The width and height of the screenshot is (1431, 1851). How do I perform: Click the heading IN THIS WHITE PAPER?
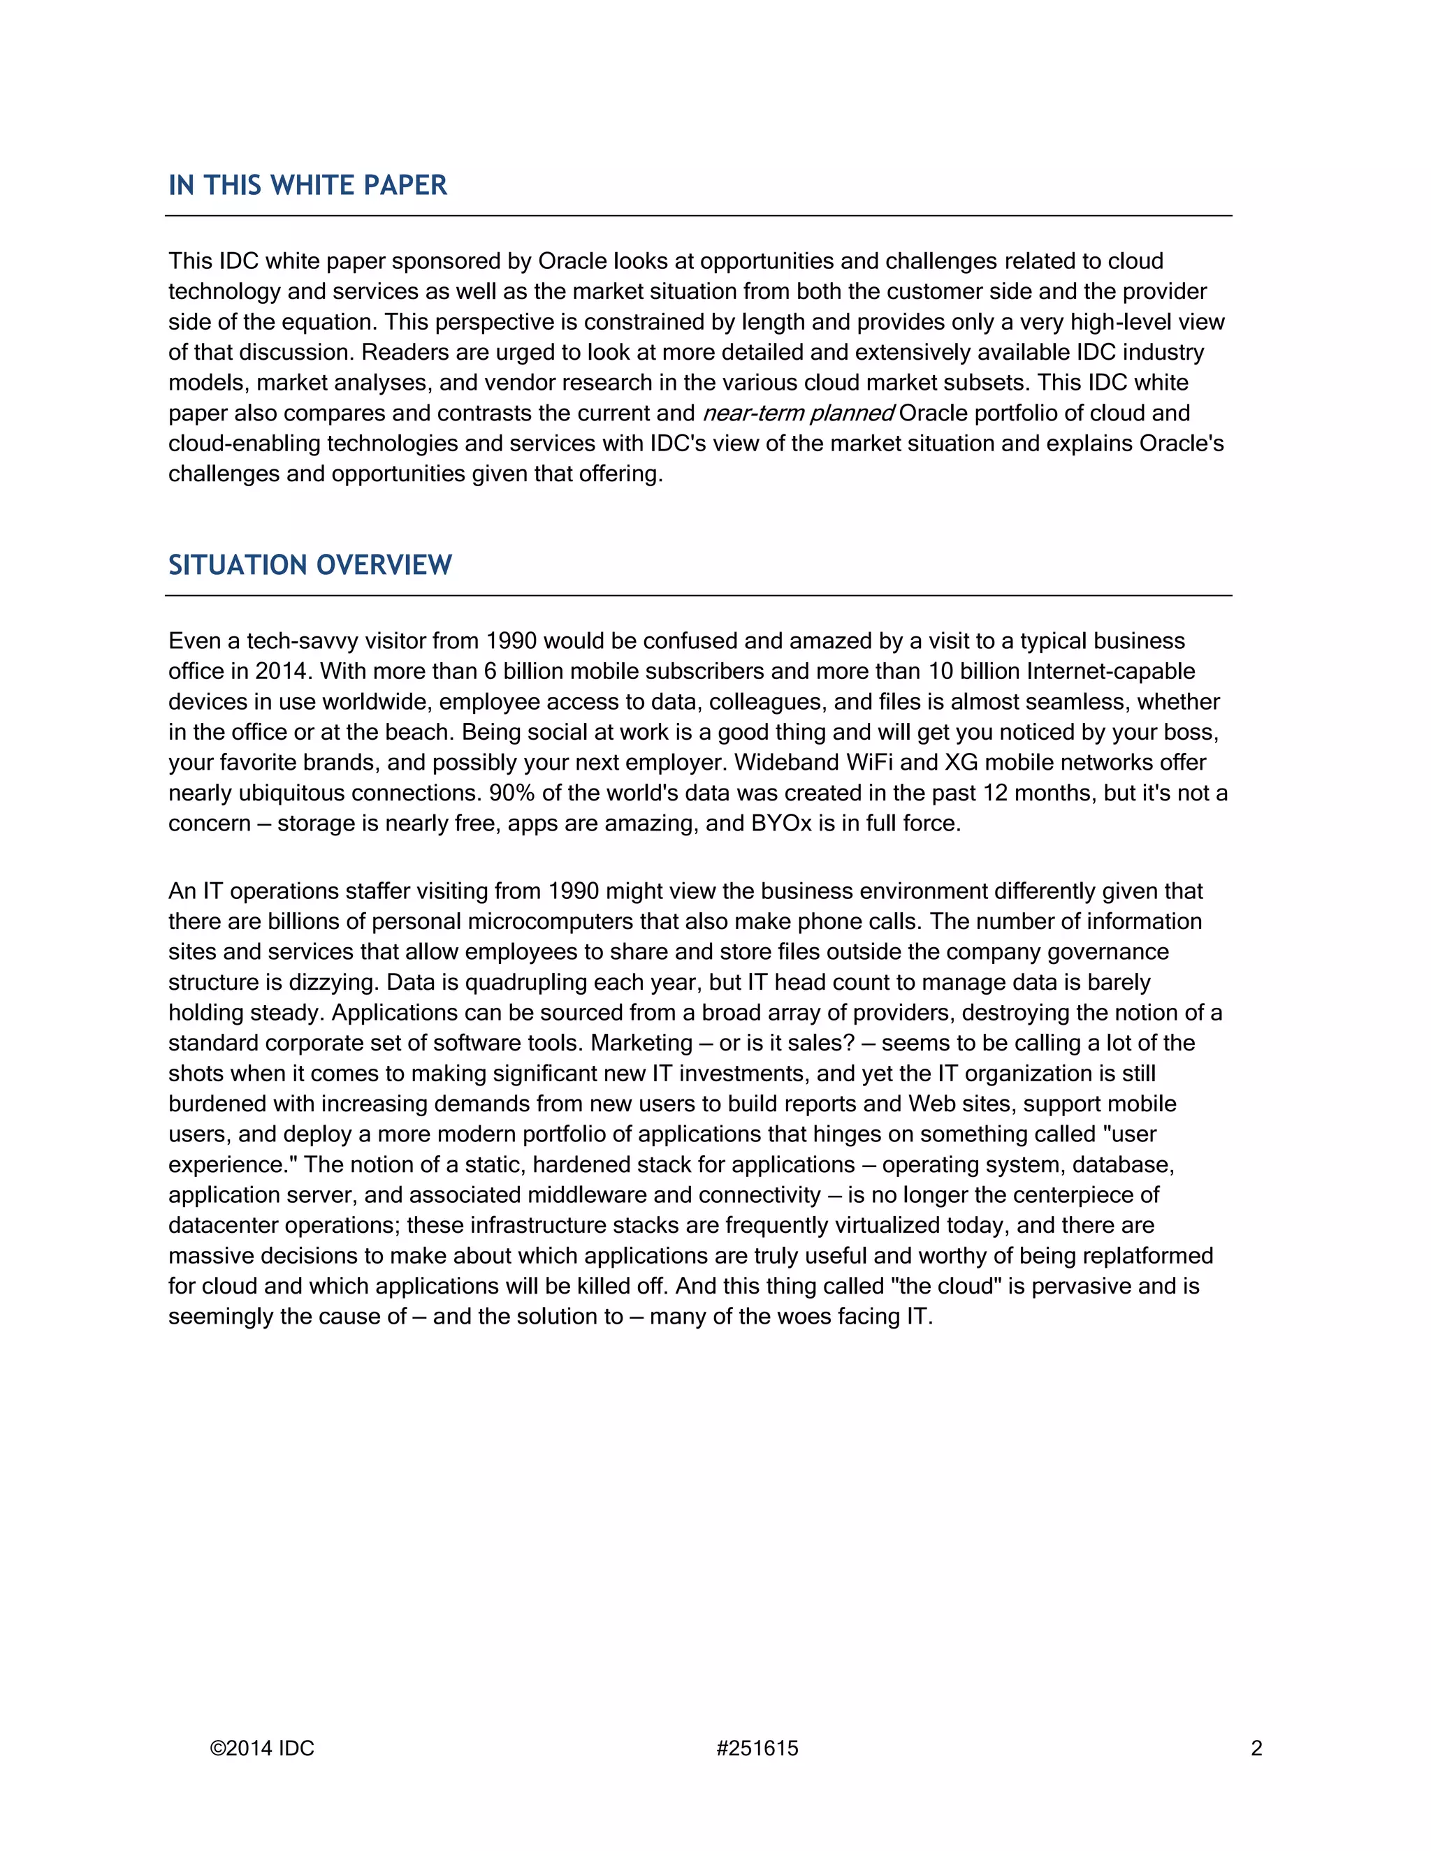[x=307, y=186]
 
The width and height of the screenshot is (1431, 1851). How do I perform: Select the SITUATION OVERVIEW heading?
[x=310, y=565]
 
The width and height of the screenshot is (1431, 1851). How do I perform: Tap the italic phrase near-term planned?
[x=798, y=414]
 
